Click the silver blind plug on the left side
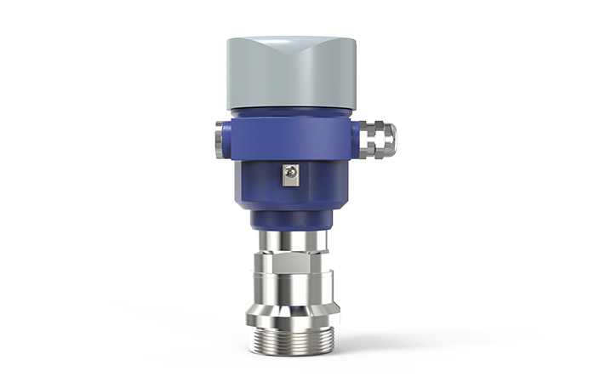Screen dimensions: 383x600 click(219, 138)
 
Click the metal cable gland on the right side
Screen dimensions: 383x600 click(377, 140)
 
